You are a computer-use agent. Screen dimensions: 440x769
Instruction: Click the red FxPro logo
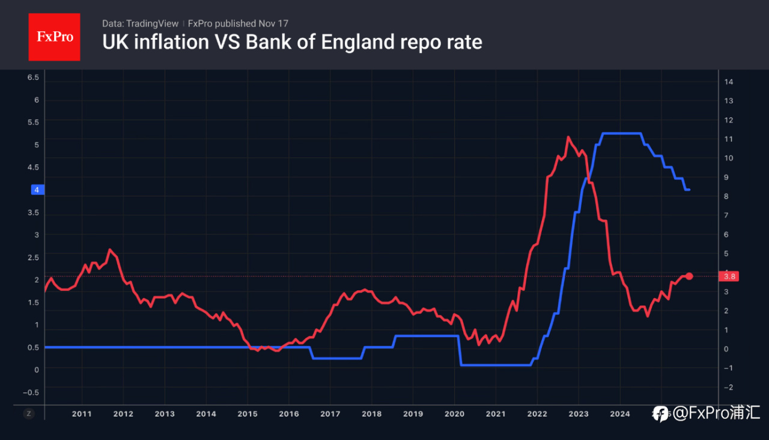(x=54, y=37)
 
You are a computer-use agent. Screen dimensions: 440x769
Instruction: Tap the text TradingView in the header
(x=153, y=23)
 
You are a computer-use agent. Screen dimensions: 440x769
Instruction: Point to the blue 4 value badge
(x=36, y=190)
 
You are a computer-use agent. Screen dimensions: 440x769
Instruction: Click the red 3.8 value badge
(x=731, y=277)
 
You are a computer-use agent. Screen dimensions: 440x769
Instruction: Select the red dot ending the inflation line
(x=689, y=276)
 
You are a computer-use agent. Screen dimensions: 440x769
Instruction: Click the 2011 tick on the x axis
(x=82, y=414)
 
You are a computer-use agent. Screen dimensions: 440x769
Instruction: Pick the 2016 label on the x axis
(x=289, y=414)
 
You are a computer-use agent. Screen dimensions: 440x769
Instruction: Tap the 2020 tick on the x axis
(x=454, y=414)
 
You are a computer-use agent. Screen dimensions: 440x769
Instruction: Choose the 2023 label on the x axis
(x=579, y=414)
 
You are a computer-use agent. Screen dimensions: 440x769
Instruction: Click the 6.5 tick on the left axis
(x=33, y=78)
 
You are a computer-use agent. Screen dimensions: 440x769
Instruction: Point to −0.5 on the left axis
(x=31, y=392)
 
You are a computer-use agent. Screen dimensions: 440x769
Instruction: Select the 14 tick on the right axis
(x=729, y=82)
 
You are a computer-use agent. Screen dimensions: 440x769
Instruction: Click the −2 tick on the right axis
(x=728, y=387)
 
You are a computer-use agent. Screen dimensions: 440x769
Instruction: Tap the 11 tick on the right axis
(x=729, y=139)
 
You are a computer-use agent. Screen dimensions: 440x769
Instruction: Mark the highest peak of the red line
(x=568, y=137)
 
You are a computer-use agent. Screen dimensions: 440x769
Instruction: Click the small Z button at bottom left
(x=28, y=414)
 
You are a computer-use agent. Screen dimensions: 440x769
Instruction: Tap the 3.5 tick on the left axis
(x=33, y=213)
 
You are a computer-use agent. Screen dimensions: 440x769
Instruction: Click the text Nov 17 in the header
(x=274, y=23)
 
